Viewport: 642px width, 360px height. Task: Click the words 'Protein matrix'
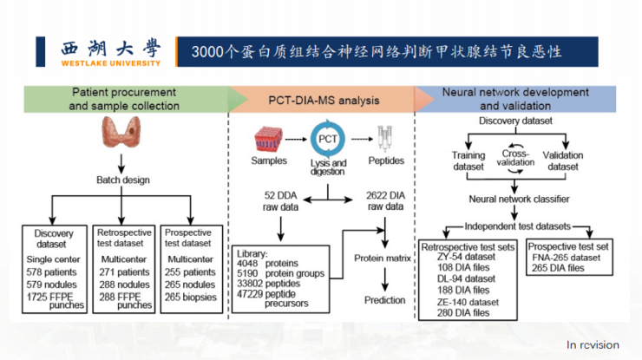tap(384, 258)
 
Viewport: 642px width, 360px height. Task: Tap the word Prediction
tap(384, 300)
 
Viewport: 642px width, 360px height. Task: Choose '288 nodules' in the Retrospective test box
tap(123, 284)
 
